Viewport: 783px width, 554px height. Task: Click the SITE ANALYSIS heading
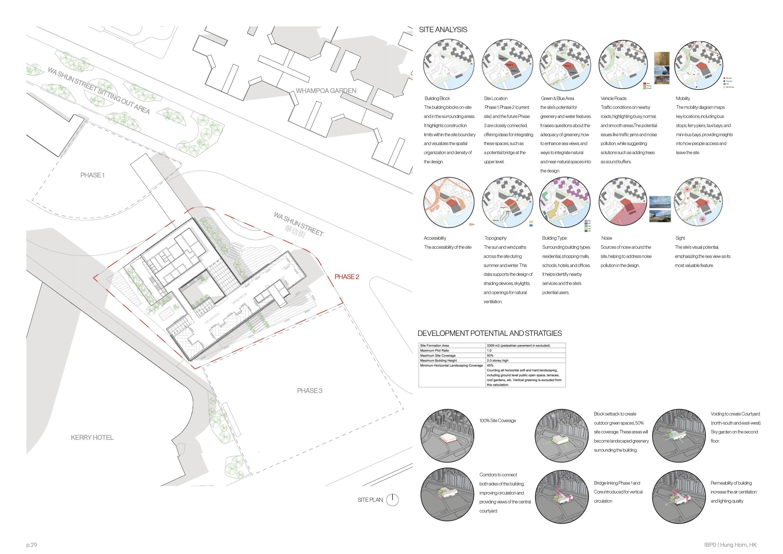pyautogui.click(x=443, y=30)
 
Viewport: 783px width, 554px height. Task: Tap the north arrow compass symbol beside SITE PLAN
pyautogui.click(x=392, y=500)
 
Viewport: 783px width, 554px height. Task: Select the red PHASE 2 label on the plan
pyautogui.click(x=346, y=277)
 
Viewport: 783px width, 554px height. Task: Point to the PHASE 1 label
pyautogui.click(x=92, y=175)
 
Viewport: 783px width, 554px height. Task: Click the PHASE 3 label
pyautogui.click(x=310, y=391)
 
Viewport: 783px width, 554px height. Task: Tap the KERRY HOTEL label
pyautogui.click(x=92, y=437)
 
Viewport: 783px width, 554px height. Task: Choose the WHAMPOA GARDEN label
pyautogui.click(x=326, y=91)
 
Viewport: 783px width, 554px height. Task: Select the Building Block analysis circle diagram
pyautogui.click(x=448, y=65)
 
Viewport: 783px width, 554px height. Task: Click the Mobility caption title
pyautogui.click(x=683, y=98)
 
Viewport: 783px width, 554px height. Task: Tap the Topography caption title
pyautogui.click(x=496, y=238)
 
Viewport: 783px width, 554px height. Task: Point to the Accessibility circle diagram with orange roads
pyautogui.click(x=448, y=203)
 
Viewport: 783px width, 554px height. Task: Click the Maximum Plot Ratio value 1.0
pyautogui.click(x=489, y=350)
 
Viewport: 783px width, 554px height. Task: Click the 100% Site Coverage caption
pyautogui.click(x=497, y=421)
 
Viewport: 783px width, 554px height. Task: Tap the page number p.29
pyautogui.click(x=31, y=545)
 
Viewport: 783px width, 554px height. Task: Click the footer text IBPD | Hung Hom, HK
pyautogui.click(x=730, y=545)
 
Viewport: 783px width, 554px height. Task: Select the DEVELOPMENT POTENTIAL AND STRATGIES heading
pyautogui.click(x=489, y=333)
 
